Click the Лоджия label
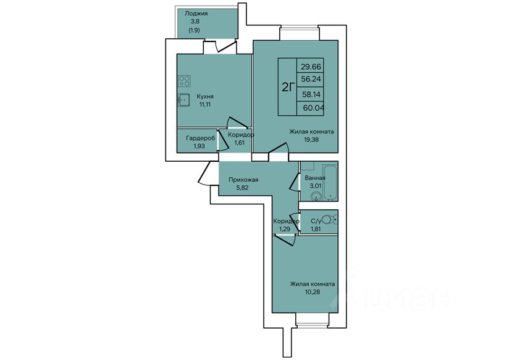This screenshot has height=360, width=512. point(196,14)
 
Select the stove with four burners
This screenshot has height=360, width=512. point(185,81)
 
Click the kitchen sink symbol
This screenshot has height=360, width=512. point(184,100)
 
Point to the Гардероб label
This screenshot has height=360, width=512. point(200,138)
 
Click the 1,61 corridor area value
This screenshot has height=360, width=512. point(240,143)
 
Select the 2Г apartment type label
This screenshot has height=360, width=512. point(288,87)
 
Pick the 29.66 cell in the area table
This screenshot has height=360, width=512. point(311,67)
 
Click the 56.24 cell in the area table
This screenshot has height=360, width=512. point(311,79)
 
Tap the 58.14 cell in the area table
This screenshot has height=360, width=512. point(311,94)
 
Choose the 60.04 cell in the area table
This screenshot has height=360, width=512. point(313,108)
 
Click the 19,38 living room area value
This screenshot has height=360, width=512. point(311,140)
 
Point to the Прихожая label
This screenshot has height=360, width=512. point(243,180)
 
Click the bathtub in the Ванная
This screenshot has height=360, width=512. point(330,182)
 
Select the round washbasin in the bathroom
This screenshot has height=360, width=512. point(316,196)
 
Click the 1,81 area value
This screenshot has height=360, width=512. point(316,229)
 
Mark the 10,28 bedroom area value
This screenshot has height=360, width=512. point(312,291)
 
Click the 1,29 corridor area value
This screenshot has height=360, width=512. point(284,229)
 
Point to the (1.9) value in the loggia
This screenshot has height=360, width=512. point(194,30)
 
